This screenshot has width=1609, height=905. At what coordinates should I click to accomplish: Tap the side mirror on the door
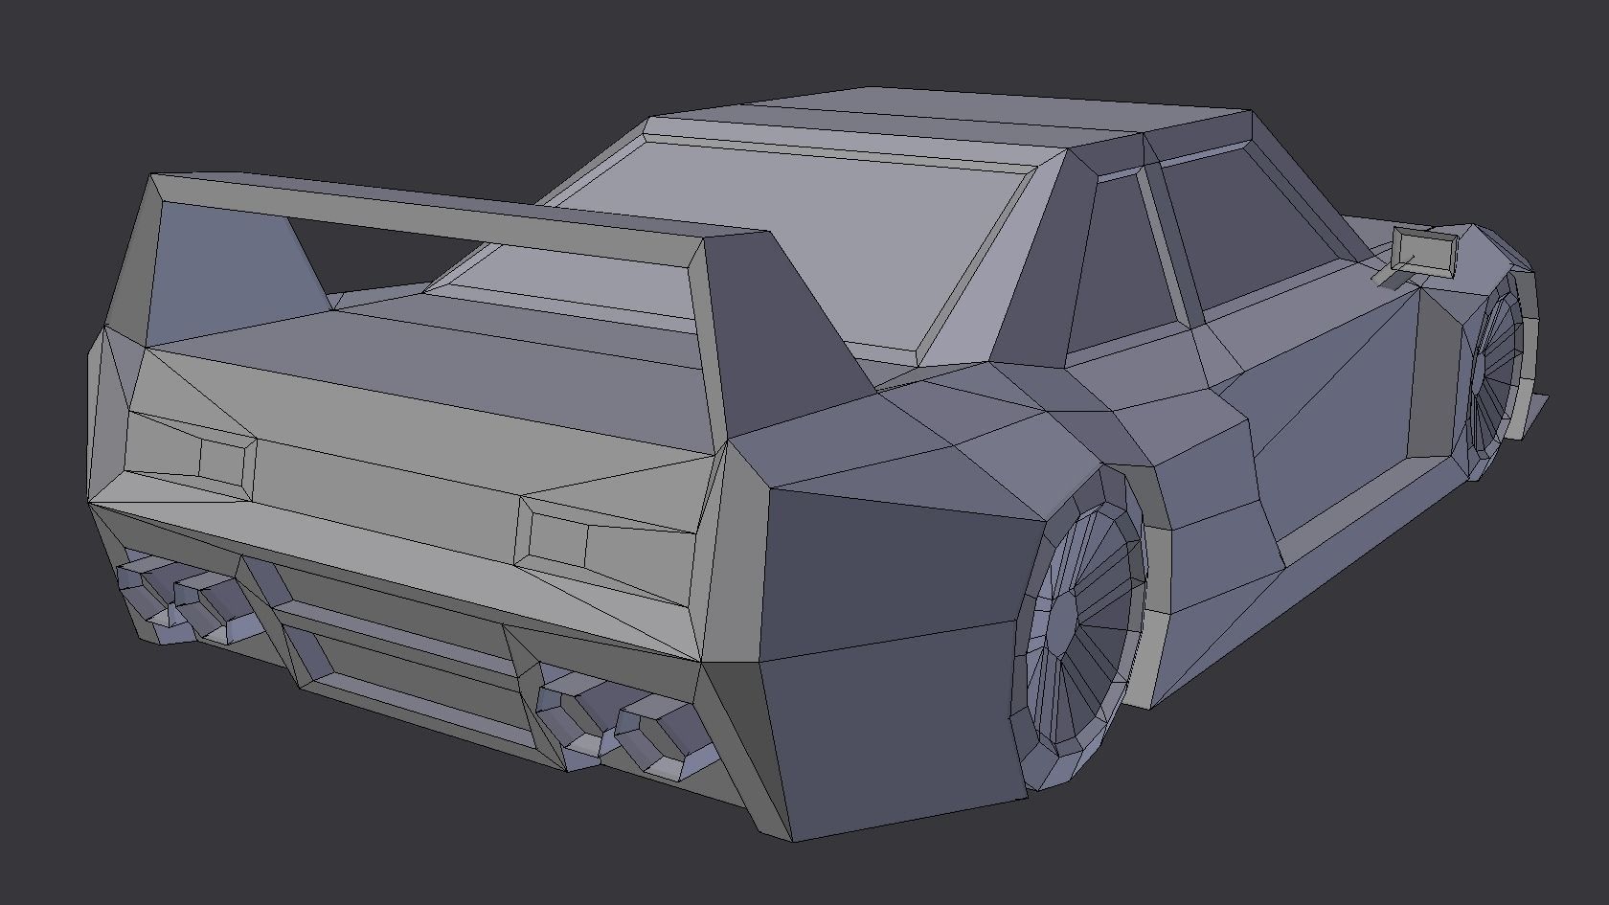click(1423, 251)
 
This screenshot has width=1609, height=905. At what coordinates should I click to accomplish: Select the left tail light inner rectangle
click(222, 459)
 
